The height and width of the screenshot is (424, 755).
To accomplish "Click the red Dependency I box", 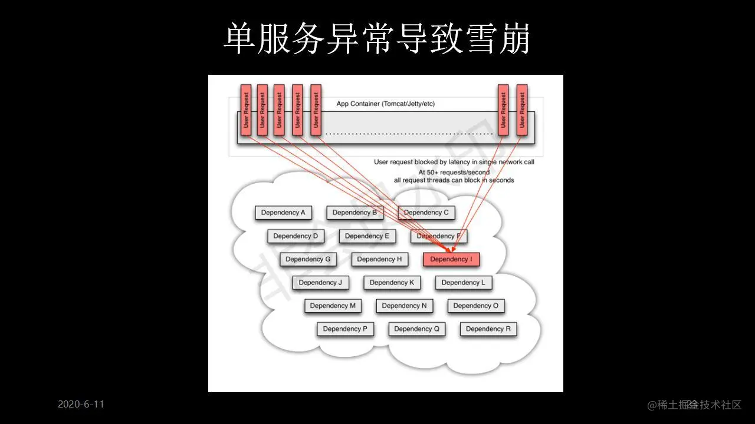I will click(451, 259).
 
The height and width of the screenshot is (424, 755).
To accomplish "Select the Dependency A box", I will click(283, 213).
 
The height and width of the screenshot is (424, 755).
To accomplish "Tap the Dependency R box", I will click(488, 329).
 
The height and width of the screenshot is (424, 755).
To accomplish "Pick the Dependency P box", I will click(345, 329).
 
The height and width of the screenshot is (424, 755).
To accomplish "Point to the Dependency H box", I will click(379, 259).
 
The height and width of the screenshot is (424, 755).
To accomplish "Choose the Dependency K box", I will click(392, 283).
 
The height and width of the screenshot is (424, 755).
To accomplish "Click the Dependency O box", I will click(476, 306).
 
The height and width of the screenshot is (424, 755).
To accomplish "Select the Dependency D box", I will click(296, 236).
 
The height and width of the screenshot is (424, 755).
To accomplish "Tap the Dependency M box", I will click(333, 306).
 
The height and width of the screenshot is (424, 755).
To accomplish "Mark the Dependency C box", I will click(426, 213).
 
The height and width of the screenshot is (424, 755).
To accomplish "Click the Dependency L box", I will click(464, 283).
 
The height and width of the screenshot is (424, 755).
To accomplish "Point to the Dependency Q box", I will click(416, 329).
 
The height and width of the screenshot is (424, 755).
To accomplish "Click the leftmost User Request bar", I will click(245, 110).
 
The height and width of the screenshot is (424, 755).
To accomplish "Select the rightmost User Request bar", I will click(521, 110).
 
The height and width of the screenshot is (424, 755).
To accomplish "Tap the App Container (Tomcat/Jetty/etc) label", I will click(385, 104).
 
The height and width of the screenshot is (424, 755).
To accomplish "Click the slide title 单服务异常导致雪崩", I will click(377, 39).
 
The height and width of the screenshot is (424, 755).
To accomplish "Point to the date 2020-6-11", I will click(81, 404).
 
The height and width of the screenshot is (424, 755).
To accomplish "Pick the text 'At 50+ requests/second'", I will click(454, 172).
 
